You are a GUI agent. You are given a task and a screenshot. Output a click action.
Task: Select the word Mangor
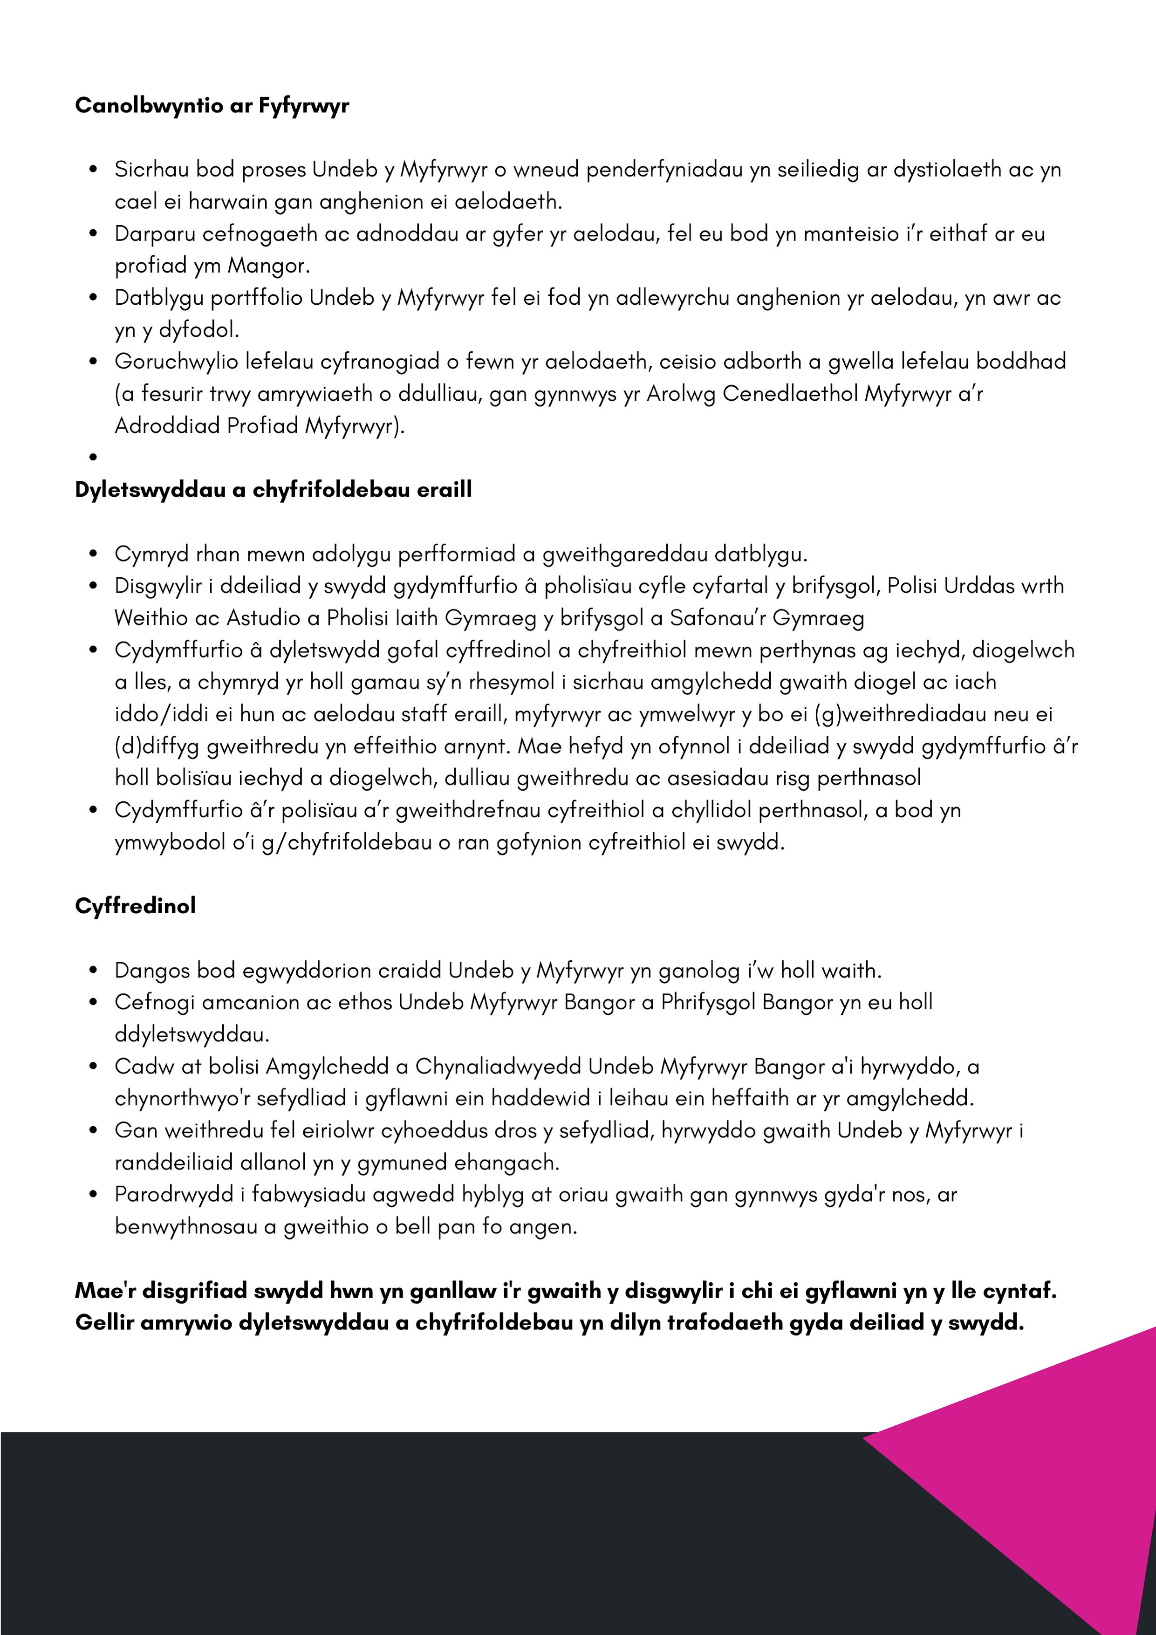268,266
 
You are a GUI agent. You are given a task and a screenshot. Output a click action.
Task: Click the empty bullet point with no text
93,457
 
